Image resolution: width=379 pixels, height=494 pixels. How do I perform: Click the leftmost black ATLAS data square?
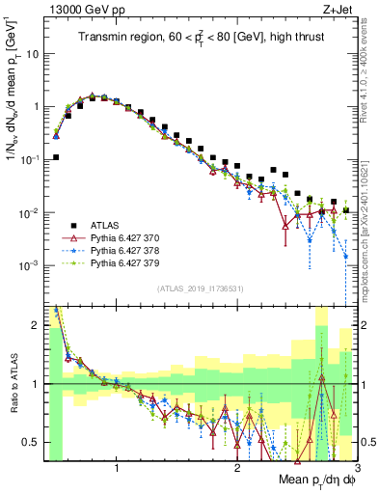(56, 157)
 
